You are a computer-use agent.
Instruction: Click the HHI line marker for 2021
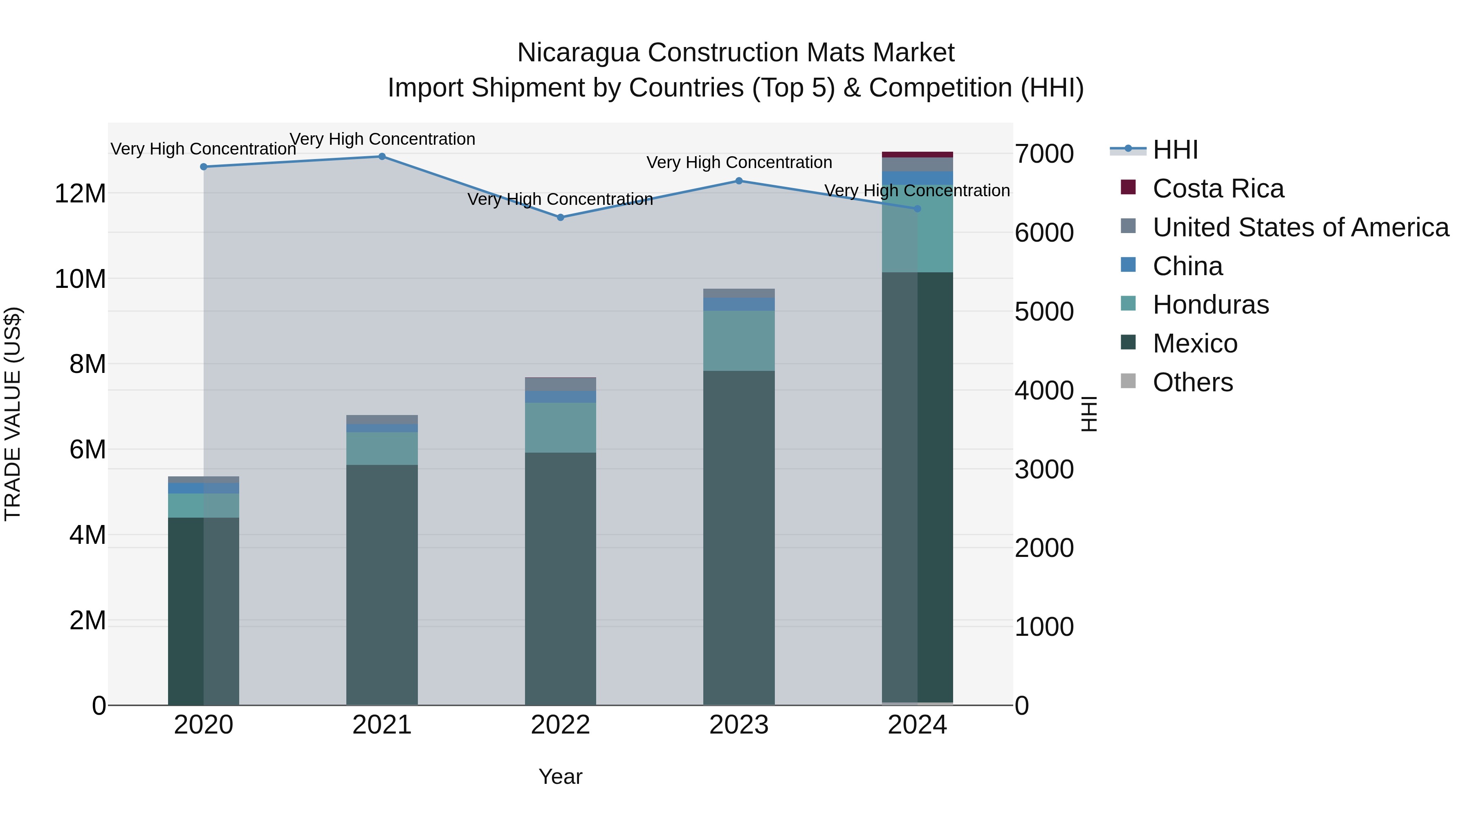tap(382, 157)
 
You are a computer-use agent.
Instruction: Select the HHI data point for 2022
tap(561, 218)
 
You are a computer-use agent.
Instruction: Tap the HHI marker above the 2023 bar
tap(739, 181)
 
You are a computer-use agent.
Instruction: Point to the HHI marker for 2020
tap(204, 167)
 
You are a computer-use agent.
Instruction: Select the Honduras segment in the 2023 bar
tap(739, 341)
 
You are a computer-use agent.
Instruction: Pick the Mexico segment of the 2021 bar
tap(382, 583)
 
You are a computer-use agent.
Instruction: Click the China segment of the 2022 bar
tap(561, 397)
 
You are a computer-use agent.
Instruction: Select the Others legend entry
tap(1193, 382)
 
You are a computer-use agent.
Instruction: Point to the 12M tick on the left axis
tap(80, 194)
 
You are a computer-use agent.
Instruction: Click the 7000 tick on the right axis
tap(1044, 154)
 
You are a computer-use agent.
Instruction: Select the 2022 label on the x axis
tap(561, 725)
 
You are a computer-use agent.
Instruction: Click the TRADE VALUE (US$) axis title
tap(13, 414)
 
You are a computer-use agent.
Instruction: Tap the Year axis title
tap(561, 776)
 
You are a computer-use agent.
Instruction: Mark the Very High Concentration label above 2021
tap(382, 139)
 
